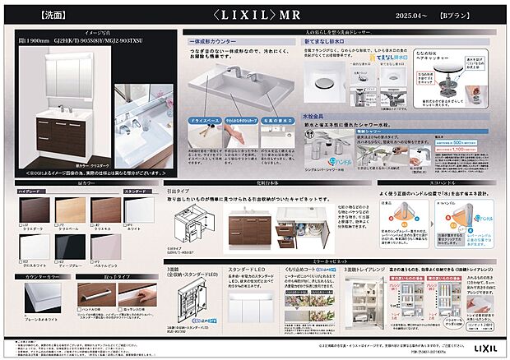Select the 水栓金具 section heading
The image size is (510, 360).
tap(317, 118)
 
